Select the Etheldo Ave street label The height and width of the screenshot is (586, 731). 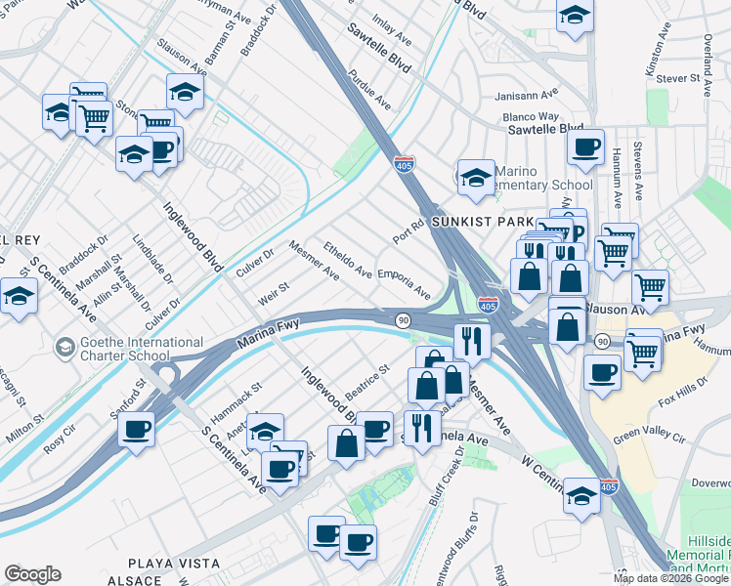tap(348, 259)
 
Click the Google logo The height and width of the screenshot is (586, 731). tap(31, 574)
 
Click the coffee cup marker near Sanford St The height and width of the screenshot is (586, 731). tap(136, 430)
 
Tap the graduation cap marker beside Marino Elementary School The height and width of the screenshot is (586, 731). tap(475, 177)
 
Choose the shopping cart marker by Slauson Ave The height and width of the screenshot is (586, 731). tap(650, 287)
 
